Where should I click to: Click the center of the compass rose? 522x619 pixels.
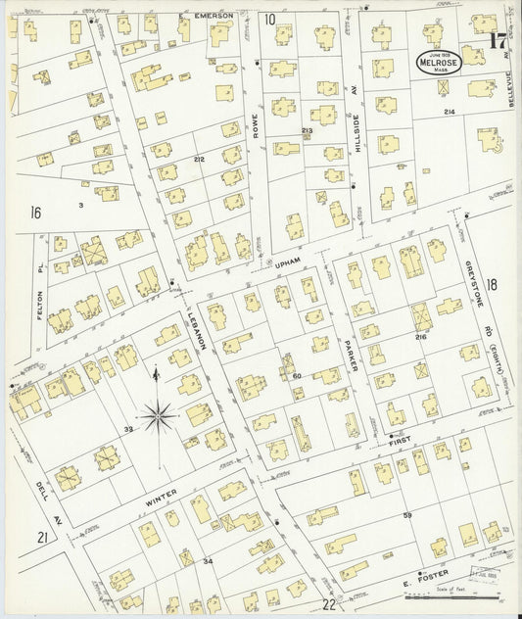point(157,417)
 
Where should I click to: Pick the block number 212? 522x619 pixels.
point(199,159)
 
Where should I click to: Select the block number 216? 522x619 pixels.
point(420,337)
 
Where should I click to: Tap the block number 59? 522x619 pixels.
point(408,514)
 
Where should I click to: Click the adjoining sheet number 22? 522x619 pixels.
point(329,605)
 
